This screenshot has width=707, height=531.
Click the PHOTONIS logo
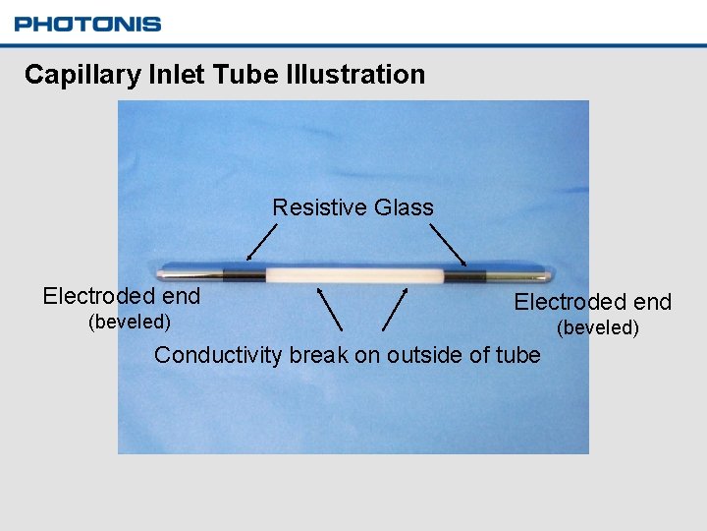(x=87, y=24)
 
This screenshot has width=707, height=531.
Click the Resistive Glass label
(x=353, y=207)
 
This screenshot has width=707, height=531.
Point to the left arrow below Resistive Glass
(x=261, y=242)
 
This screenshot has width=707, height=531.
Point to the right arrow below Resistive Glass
(x=448, y=244)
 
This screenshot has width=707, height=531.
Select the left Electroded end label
(x=122, y=296)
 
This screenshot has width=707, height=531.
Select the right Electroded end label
(x=593, y=302)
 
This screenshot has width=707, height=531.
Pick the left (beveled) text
(x=130, y=323)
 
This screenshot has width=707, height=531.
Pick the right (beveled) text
(x=598, y=327)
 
